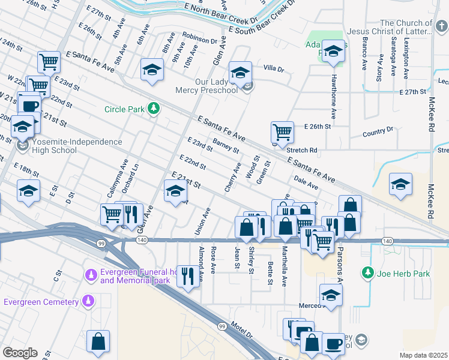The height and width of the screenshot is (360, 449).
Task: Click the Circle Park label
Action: pos(125,109)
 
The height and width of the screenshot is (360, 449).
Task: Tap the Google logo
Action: pos(20,353)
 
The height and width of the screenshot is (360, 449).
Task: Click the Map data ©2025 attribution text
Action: pos(424,355)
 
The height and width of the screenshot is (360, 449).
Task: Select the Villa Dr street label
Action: pos(273,70)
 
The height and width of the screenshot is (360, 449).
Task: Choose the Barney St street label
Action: pos(226,145)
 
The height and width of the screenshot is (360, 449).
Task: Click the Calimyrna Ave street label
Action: pos(125,173)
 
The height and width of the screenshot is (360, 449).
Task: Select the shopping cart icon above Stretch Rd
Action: pos(282,131)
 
